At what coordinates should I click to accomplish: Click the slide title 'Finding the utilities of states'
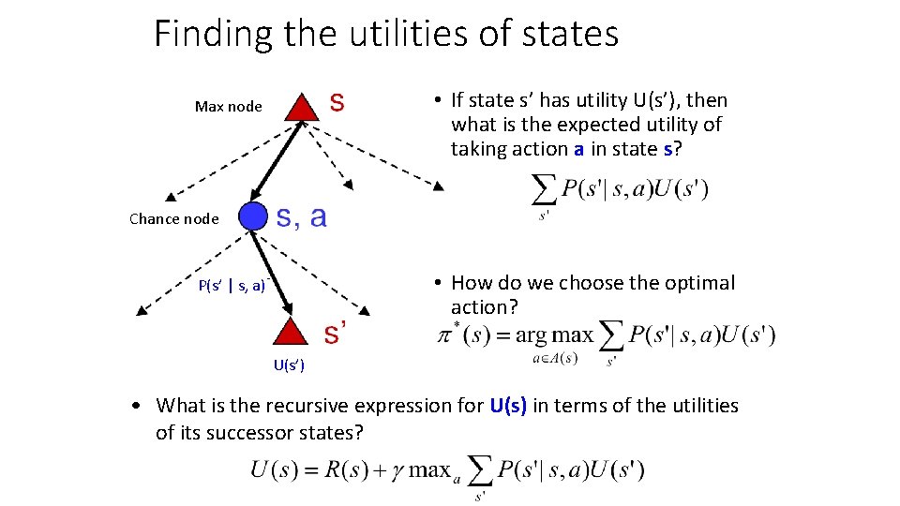(x=386, y=35)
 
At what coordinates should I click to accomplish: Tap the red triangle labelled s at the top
(x=300, y=107)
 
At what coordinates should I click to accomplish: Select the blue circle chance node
(x=253, y=216)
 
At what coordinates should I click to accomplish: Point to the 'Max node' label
(x=228, y=107)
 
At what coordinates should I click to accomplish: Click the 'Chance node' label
(x=173, y=219)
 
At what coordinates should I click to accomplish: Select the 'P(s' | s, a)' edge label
(x=233, y=286)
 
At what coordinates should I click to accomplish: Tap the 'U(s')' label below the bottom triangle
(x=289, y=365)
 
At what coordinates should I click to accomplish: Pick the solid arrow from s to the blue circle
(x=277, y=161)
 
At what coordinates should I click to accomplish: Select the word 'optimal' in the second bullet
(x=702, y=283)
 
